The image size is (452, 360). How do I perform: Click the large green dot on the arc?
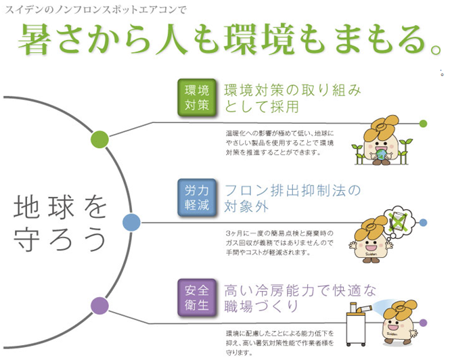click(100, 139)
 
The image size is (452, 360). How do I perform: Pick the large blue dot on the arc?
click(131, 221)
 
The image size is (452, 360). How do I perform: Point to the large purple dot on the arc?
click(100, 305)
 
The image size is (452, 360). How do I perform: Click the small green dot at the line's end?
click(423, 123)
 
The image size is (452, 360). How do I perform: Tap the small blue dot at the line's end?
click(423, 222)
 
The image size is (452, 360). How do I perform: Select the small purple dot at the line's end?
click(423, 323)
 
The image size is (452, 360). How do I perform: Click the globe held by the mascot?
click(384, 154)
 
